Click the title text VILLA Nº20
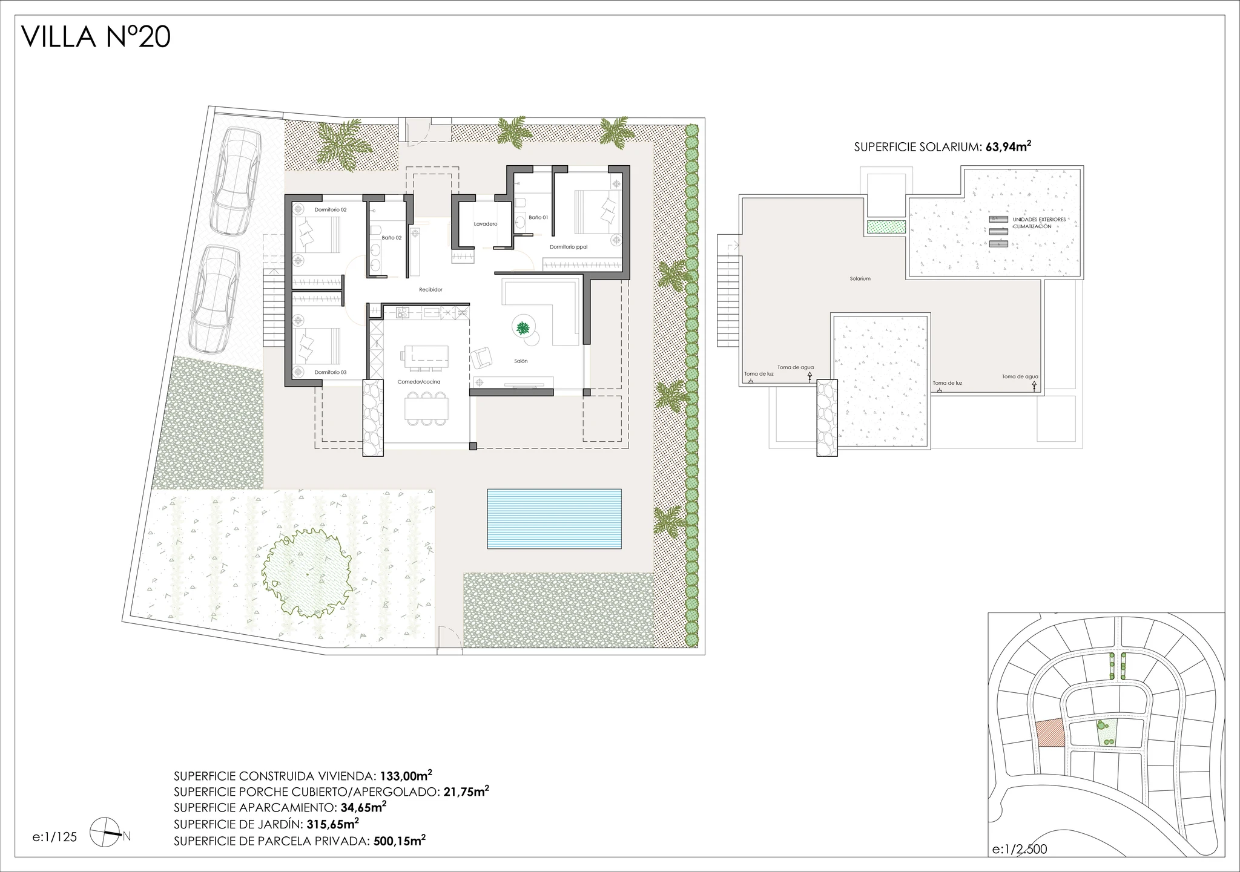point(96,37)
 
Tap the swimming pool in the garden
point(554,519)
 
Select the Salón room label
point(520,361)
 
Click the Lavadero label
point(485,224)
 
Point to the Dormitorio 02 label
point(331,209)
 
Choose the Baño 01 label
point(538,217)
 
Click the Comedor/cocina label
point(418,382)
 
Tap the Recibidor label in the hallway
point(430,290)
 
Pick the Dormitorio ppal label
point(568,247)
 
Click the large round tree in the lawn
point(307,572)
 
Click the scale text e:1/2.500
point(1020,849)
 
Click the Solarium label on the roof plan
point(860,279)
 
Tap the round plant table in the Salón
point(522,328)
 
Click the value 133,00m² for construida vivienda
point(406,776)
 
